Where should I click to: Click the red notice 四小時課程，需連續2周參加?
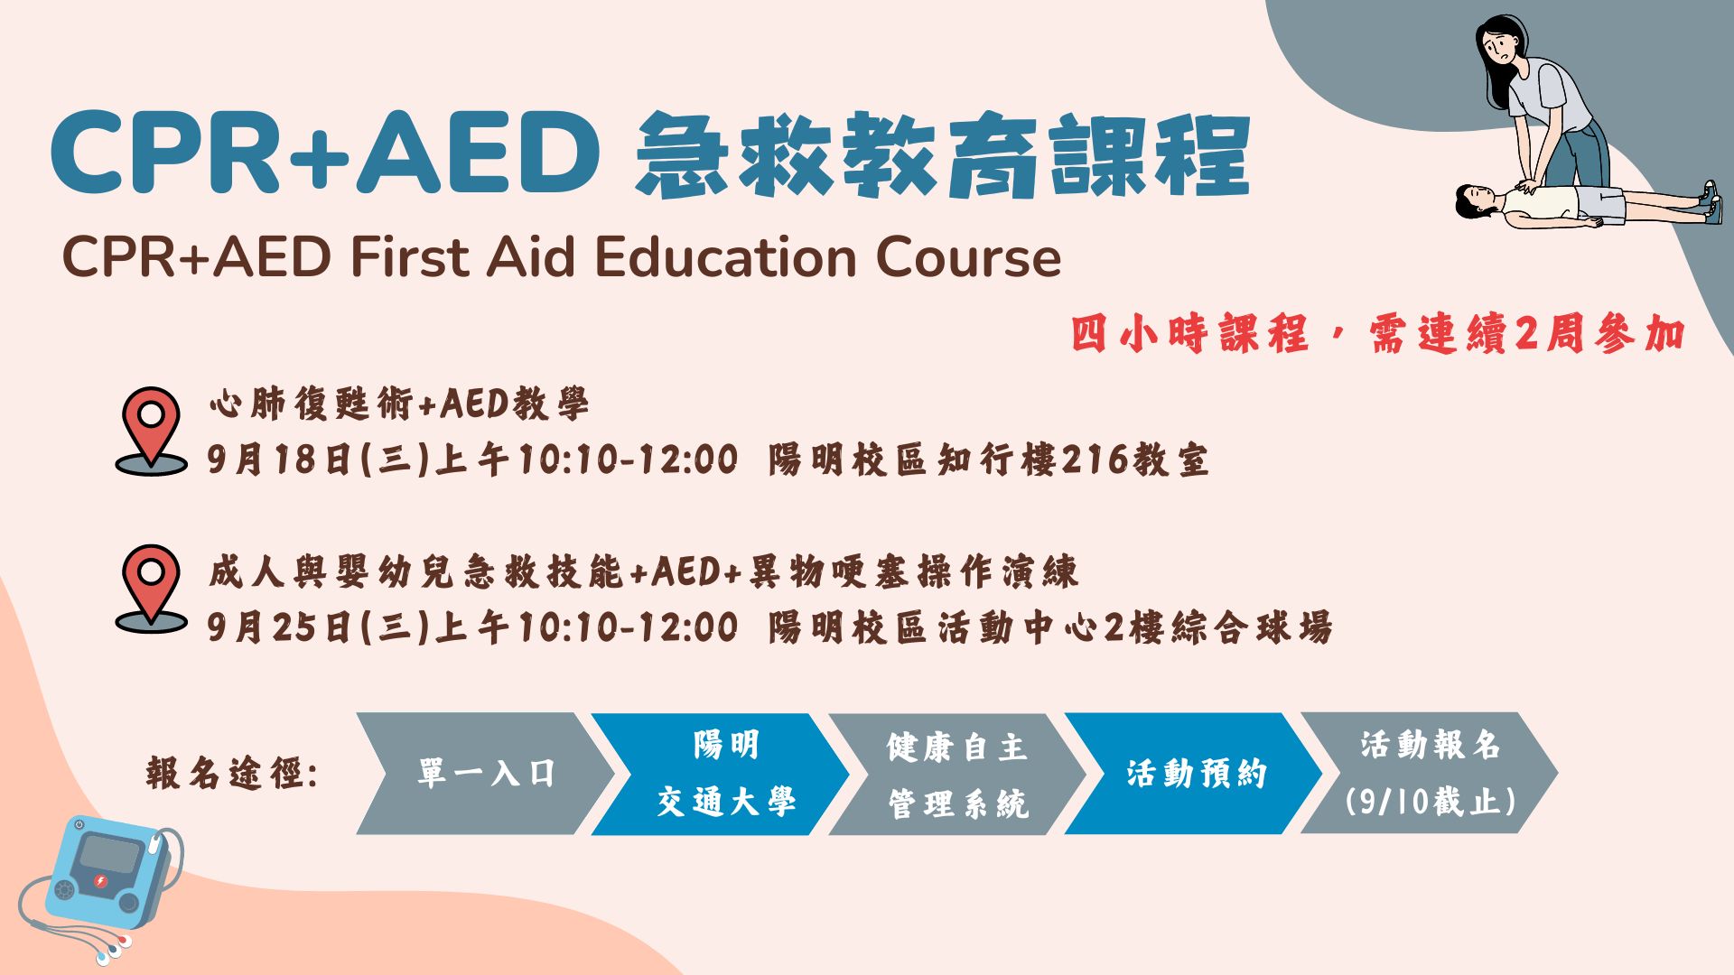tap(1378, 334)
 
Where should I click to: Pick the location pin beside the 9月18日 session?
tap(151, 431)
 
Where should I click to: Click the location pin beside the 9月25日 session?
tap(151, 589)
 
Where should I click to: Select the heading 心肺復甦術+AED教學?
tap(398, 404)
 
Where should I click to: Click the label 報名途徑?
tap(232, 774)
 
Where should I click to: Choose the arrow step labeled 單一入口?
tap(485, 774)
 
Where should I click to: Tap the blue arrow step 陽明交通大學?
tap(720, 774)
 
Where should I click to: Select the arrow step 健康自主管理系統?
tap(957, 774)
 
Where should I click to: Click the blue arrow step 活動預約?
tap(1194, 774)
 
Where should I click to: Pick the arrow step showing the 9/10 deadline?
tap(1429, 774)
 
